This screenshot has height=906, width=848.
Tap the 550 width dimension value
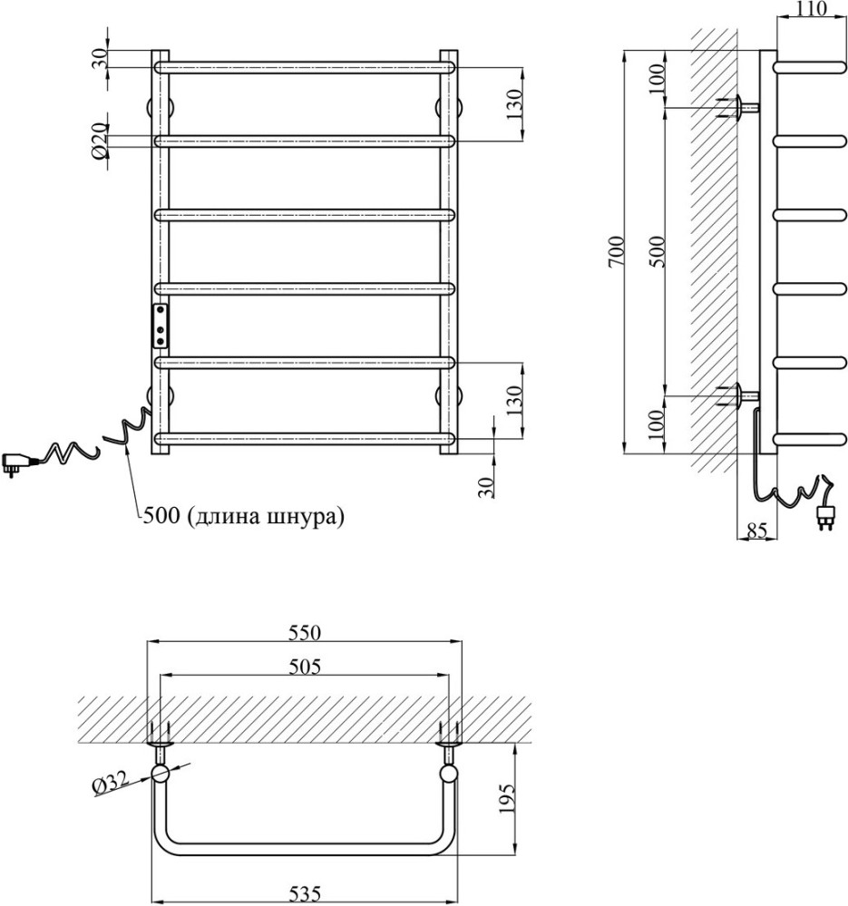click(305, 633)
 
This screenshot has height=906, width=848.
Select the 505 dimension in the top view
click(305, 667)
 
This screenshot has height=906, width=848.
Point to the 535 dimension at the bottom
click(305, 895)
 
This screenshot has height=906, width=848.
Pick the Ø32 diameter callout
click(109, 784)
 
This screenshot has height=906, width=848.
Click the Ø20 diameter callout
click(100, 141)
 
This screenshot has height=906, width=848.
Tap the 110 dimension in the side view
click(812, 8)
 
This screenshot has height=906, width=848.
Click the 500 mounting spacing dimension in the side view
click(658, 251)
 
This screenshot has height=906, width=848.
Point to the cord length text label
click(243, 515)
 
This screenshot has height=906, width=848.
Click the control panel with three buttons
click(160, 326)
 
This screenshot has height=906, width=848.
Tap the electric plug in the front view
click(18, 463)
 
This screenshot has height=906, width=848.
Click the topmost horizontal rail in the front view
click(305, 67)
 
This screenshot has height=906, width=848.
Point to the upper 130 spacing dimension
click(514, 104)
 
